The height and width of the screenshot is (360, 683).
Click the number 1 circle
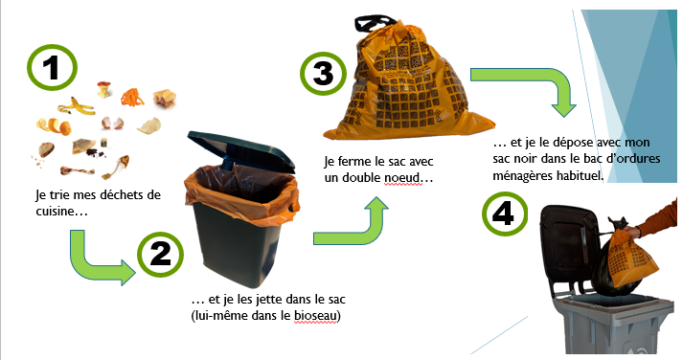tap(53, 67)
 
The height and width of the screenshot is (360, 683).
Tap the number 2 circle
tap(161, 255)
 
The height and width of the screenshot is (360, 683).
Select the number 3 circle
tap(324, 73)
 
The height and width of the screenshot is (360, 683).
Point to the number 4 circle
tap(505, 214)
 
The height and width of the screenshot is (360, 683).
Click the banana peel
tap(77, 106)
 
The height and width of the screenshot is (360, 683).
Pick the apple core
tap(103, 89)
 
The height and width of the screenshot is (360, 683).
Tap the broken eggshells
tap(112, 124)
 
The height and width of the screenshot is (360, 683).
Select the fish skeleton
tap(117, 167)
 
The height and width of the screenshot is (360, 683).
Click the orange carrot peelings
tap(132, 97)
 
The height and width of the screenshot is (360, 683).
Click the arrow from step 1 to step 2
tap(82, 263)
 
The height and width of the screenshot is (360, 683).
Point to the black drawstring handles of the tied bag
tap(374, 23)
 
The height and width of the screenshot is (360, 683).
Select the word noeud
tap(403, 177)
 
